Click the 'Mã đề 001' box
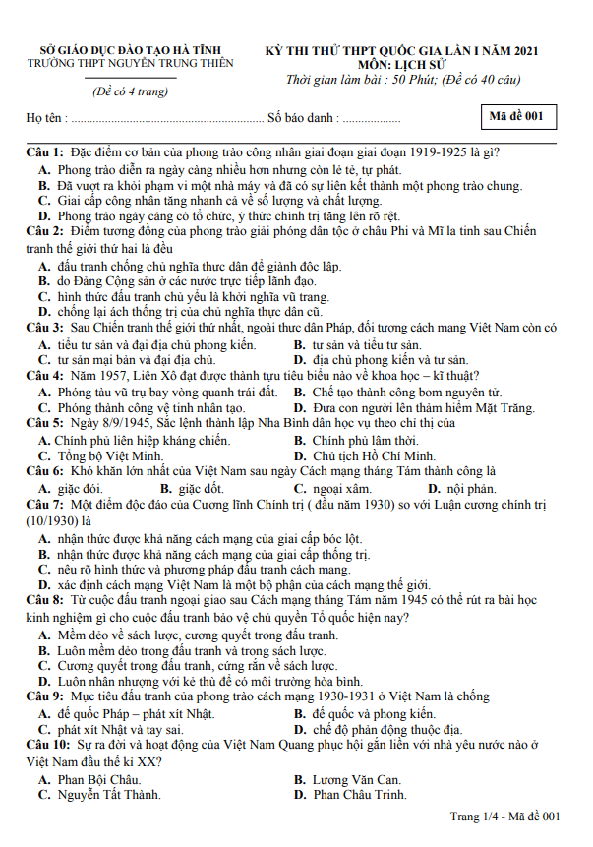pos(515,116)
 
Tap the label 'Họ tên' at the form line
pos(45,119)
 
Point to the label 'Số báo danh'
pos(300,119)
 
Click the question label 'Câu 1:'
pos(45,152)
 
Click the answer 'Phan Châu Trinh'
pos(359,795)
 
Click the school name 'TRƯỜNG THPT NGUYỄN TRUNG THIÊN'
pos(130,63)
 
